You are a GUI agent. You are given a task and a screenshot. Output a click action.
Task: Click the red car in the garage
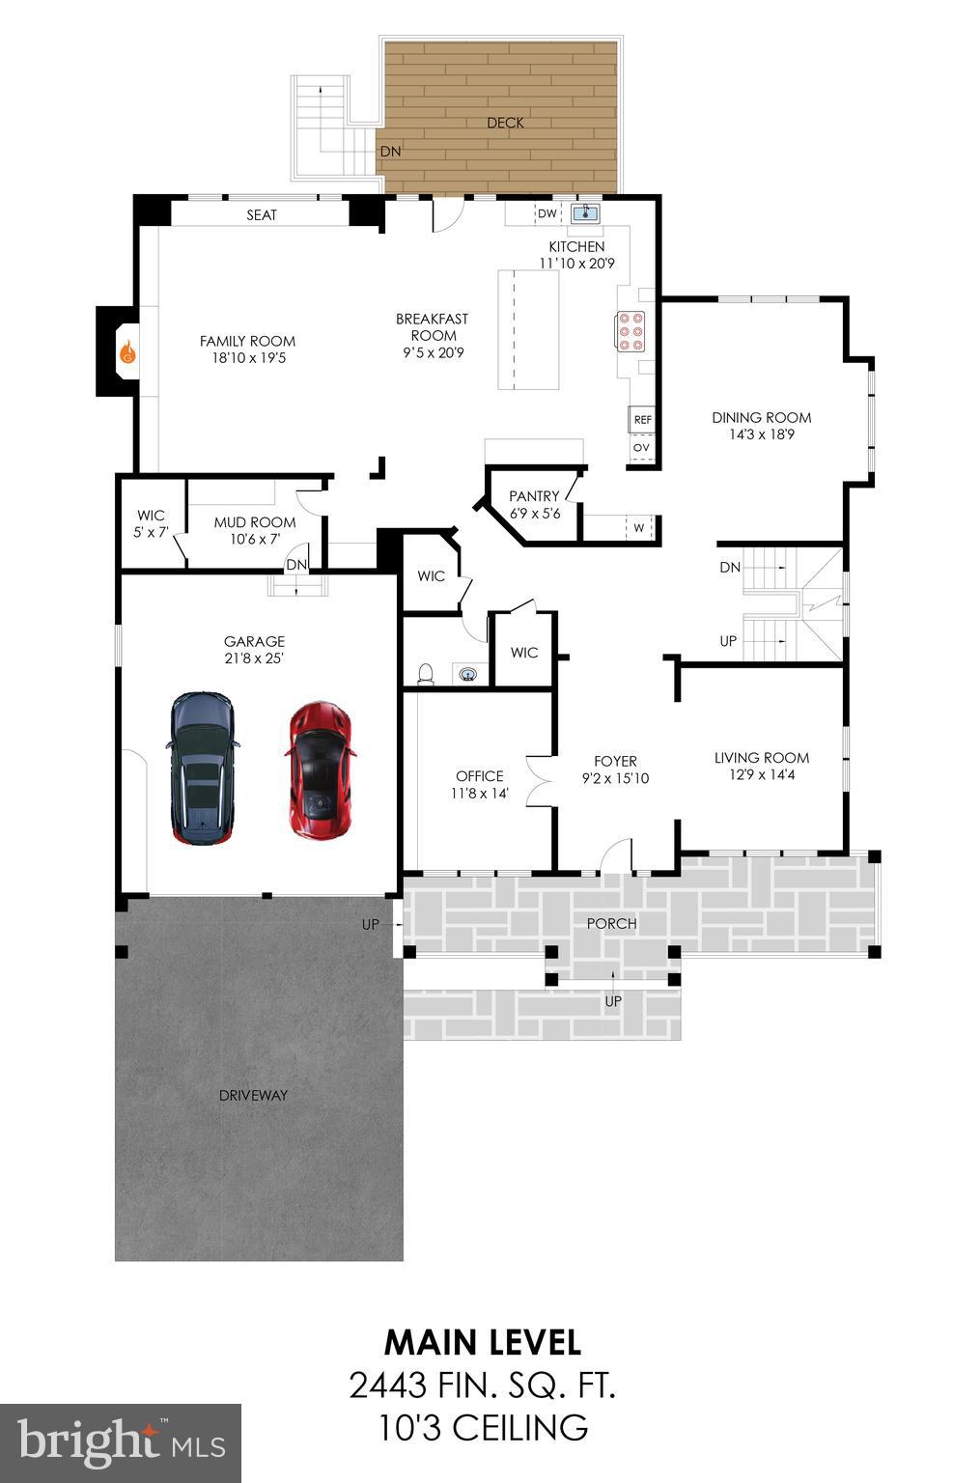tap(321, 770)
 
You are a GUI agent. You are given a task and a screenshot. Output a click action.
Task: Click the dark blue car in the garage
tap(202, 769)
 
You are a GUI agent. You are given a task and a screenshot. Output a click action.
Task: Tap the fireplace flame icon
tap(126, 354)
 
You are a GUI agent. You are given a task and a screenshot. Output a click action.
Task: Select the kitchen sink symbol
tap(585, 213)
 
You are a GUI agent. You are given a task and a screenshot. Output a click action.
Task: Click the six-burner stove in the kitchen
tap(631, 331)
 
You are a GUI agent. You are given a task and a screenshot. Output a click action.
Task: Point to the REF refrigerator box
tap(642, 420)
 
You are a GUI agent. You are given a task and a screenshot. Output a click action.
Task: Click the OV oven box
tap(641, 448)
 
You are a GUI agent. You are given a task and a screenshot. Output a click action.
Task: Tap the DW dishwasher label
tap(547, 213)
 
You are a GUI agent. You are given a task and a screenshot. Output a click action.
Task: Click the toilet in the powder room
tap(424, 673)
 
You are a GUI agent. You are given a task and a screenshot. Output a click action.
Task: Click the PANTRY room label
tap(534, 496)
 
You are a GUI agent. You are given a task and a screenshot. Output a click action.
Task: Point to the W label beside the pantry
tap(638, 528)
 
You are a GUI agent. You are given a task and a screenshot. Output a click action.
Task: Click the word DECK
tap(505, 123)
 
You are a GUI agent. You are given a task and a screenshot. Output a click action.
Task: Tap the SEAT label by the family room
tap(262, 214)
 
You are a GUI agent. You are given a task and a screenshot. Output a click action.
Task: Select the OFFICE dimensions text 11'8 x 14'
tap(480, 794)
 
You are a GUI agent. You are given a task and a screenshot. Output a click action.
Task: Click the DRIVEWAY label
tap(253, 1095)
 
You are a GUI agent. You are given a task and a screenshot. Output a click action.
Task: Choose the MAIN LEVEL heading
tap(482, 1342)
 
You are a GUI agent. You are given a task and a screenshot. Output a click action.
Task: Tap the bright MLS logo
tap(121, 1443)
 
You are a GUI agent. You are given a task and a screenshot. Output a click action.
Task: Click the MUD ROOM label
tap(255, 522)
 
